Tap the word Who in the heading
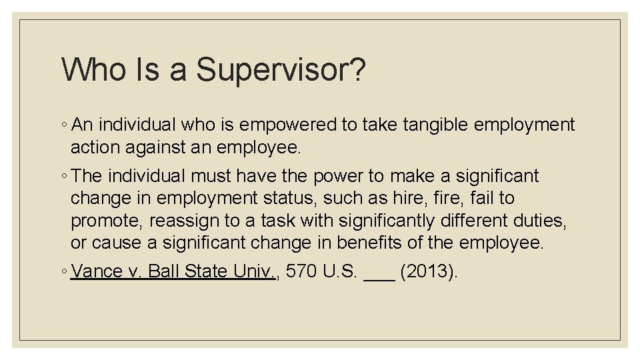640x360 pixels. coord(91,69)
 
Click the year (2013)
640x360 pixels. coord(430,272)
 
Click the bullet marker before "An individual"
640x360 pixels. coord(64,125)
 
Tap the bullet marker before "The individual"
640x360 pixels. coord(64,177)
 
